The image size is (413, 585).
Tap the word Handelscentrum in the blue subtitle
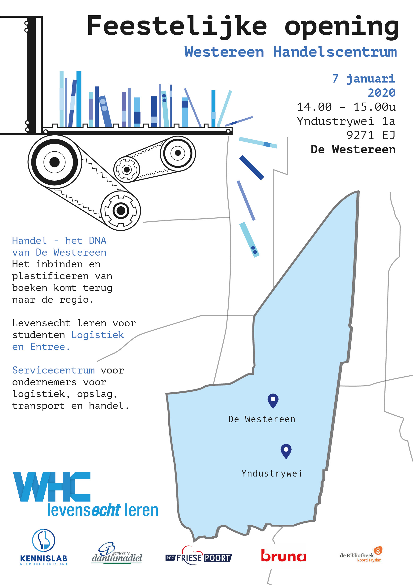[x=335, y=52]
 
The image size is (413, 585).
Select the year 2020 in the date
[x=382, y=93]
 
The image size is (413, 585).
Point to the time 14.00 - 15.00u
[x=346, y=107]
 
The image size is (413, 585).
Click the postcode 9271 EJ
[x=371, y=135]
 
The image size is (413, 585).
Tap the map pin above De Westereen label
[x=273, y=401]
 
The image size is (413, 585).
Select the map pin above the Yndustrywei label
[x=286, y=451]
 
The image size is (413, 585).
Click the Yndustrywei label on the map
[x=272, y=473]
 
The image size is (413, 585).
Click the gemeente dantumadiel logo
[x=117, y=553]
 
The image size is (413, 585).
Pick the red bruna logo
[x=283, y=556]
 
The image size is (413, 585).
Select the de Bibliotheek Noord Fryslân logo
[x=361, y=555]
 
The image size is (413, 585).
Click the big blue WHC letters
[x=52, y=487]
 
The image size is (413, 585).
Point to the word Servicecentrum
[x=53, y=370]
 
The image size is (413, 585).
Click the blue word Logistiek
[x=98, y=335]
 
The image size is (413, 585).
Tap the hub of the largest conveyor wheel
[x=54, y=162]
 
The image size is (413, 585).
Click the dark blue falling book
[x=251, y=168]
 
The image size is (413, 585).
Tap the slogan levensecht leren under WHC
[x=103, y=510]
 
